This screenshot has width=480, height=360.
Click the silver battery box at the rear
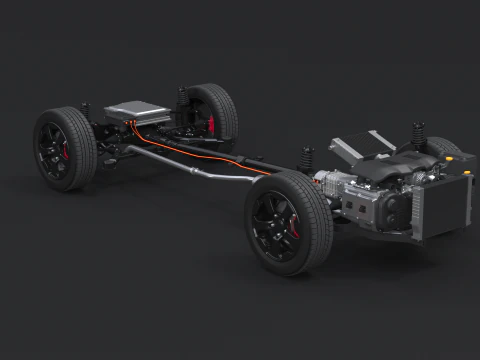click(139, 111)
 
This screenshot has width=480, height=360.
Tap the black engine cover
click(395, 170)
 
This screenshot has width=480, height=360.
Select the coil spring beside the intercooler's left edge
click(308, 157)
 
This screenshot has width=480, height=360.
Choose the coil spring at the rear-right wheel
click(182, 98)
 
